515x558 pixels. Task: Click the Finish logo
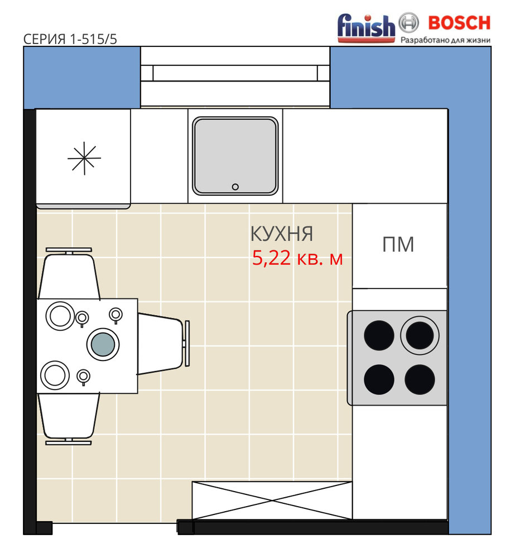[366, 28]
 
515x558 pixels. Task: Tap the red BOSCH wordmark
[459, 23]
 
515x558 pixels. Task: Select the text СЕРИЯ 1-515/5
[70, 39]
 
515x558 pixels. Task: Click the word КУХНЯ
[282, 234]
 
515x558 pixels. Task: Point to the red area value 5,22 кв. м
[297, 258]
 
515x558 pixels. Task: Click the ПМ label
[398, 244]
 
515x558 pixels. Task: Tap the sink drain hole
[235, 187]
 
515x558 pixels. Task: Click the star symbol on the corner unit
[84, 158]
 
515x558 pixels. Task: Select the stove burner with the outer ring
[420, 335]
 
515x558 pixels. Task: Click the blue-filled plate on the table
[103, 344]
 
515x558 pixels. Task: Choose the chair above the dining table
[69, 273]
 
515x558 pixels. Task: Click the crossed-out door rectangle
[272, 501]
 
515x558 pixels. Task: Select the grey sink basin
[235, 156]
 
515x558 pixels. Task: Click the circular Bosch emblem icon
[408, 23]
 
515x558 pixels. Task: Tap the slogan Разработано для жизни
[446, 40]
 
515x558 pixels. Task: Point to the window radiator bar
[235, 73]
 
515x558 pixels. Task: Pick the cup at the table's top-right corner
[115, 315]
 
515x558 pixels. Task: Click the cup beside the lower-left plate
[83, 377]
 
